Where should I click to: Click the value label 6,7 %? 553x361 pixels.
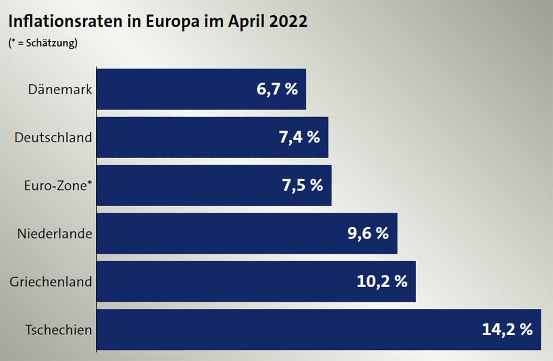pyautogui.click(x=277, y=89)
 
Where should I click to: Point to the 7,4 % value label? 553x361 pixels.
pyautogui.click(x=299, y=137)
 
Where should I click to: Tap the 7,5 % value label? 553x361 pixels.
pyautogui.click(x=302, y=185)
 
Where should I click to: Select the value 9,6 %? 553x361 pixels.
pyautogui.click(x=368, y=233)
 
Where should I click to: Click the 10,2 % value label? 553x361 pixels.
pyautogui.click(x=382, y=282)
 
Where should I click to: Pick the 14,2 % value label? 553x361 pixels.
pyautogui.click(x=507, y=330)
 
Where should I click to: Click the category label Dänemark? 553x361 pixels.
pyautogui.click(x=60, y=89)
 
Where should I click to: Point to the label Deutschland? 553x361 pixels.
pyautogui.click(x=53, y=137)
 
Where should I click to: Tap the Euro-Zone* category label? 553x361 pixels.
pyautogui.click(x=58, y=185)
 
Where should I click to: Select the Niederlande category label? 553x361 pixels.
pyautogui.click(x=54, y=234)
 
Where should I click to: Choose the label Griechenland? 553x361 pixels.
pyautogui.click(x=51, y=282)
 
